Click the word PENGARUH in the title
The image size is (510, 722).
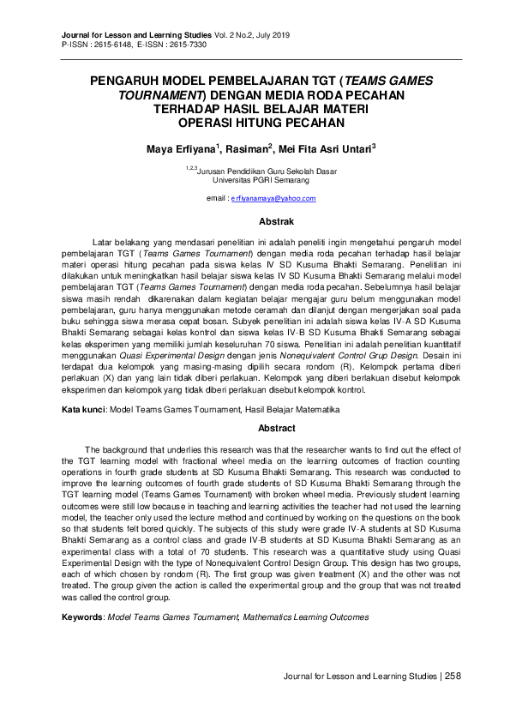coord(127,81)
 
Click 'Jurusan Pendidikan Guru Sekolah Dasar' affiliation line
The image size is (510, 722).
coord(266,171)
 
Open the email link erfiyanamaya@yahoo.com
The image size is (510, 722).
coord(273,198)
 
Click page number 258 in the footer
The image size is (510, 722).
coord(453,677)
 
